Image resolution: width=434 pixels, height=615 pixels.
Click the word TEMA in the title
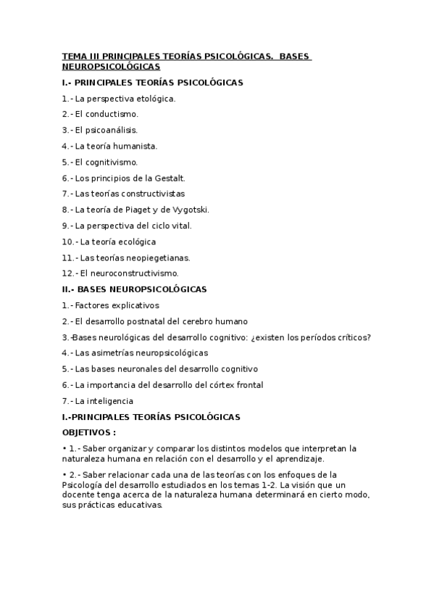[72, 57]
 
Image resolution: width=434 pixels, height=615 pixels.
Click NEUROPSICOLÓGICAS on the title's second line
[111, 66]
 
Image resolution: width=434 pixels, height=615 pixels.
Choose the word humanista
[136, 146]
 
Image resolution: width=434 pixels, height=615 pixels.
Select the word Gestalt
[171, 178]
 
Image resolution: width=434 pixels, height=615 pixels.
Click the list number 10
[67, 242]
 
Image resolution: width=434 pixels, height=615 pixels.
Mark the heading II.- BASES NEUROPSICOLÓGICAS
[134, 289]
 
